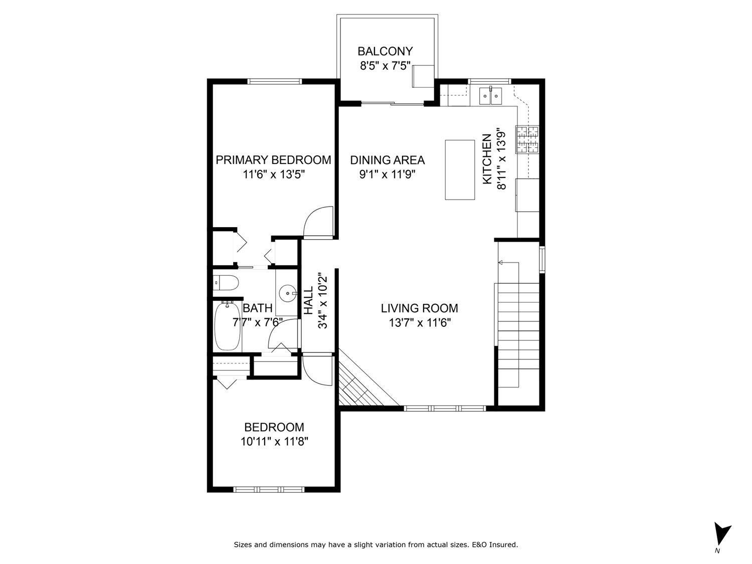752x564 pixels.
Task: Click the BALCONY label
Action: pos(385,51)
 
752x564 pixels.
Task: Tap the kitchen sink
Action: pos(490,95)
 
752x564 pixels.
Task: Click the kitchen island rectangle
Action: pos(460,170)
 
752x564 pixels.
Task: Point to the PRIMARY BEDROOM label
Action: pos(273,160)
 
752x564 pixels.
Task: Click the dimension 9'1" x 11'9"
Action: pos(387,174)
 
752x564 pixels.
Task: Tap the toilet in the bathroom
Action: pos(225,284)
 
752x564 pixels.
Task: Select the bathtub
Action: pos(228,326)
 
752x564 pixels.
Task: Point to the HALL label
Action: pos(308,301)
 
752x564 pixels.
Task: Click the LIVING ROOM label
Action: pos(419,308)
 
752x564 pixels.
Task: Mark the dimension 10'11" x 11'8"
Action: pos(274,442)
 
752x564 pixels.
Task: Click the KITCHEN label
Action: pos(486,159)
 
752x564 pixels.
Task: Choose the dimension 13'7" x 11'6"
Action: pos(420,323)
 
